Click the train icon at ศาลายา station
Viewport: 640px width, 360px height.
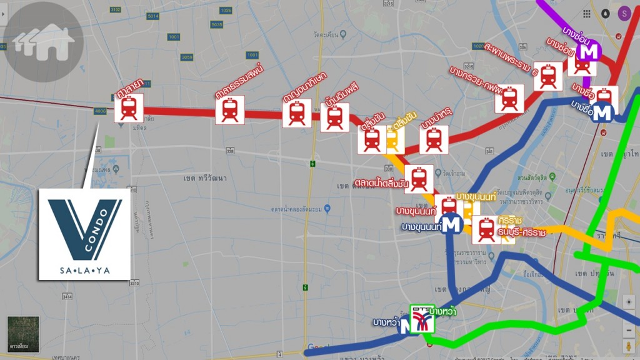click(129, 108)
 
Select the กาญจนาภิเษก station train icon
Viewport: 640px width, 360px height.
click(296, 113)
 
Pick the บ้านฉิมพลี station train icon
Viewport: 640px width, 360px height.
click(334, 117)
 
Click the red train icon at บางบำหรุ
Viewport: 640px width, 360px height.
click(434, 139)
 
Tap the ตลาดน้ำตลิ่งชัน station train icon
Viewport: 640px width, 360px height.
click(419, 179)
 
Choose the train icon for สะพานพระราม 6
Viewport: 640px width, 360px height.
click(548, 77)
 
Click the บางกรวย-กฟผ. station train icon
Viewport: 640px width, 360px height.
click(509, 99)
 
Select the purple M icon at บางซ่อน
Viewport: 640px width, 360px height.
click(588, 51)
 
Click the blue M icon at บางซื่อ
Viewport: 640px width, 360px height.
click(602, 113)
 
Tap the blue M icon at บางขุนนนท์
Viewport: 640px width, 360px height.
click(451, 224)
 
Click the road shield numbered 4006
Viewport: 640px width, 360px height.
click(100, 111)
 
